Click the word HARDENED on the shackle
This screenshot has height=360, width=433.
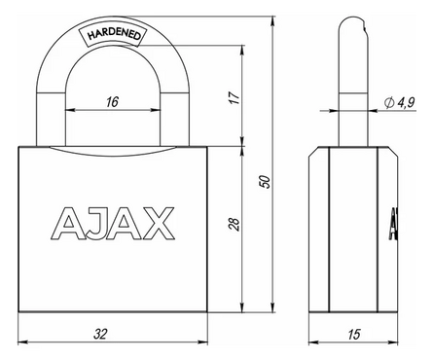116,34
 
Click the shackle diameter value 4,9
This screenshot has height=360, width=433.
408,100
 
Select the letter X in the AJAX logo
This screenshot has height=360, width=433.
160,223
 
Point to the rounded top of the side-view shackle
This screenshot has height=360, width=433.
351,23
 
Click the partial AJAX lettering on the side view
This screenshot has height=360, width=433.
394,223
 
